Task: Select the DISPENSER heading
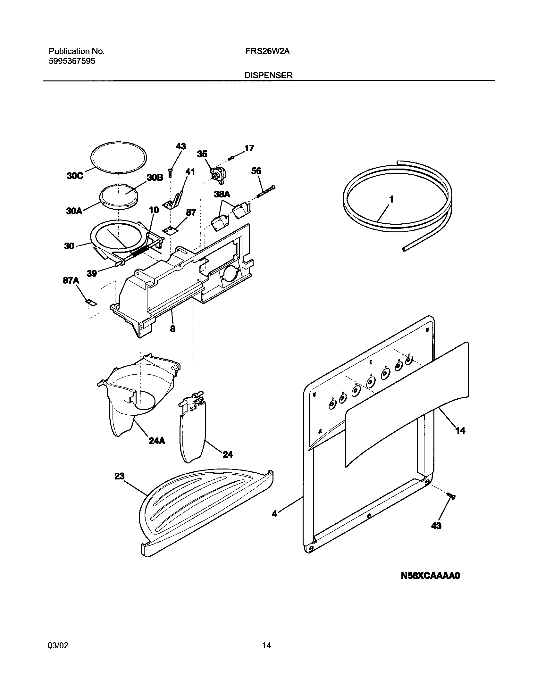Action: coord(268,75)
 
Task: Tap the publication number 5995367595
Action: coord(72,61)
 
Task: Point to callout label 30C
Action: coord(75,176)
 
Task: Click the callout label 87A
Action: coord(71,280)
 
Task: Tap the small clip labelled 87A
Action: coord(91,302)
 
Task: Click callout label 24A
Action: coord(157,441)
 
